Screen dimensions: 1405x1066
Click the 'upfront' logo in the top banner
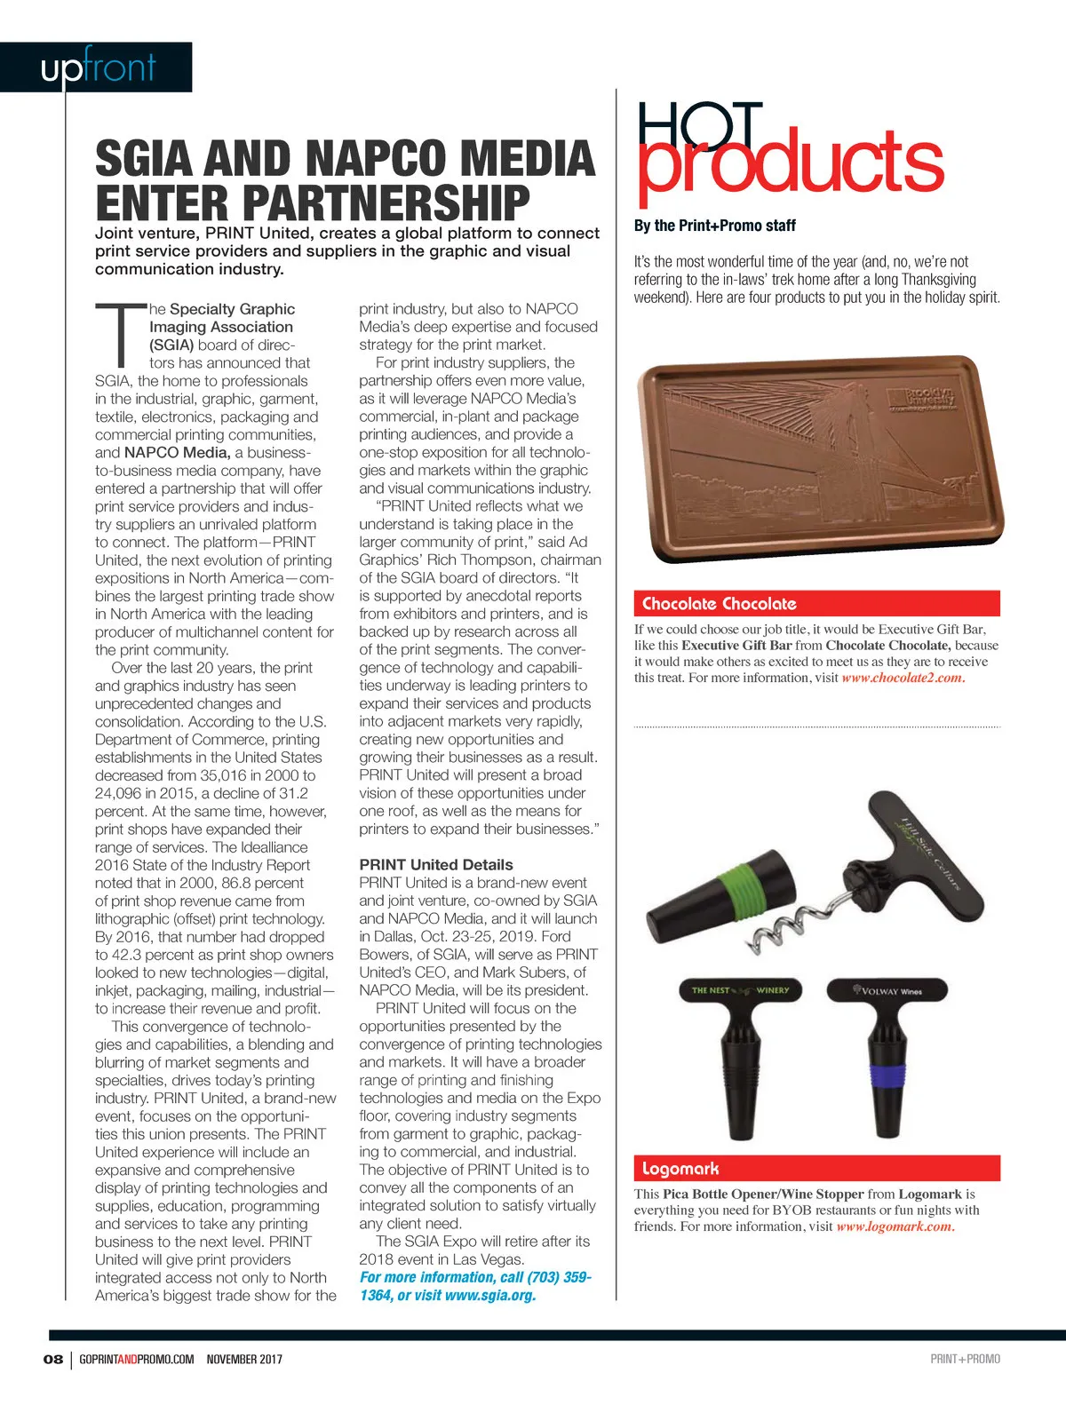pos(98,67)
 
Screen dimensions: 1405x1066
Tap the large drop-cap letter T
pos(120,336)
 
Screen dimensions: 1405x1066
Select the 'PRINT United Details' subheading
pos(436,864)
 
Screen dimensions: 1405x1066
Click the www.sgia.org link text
pos(489,1295)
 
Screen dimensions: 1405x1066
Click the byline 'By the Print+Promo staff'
pos(714,226)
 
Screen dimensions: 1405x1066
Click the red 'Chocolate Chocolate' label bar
pos(816,604)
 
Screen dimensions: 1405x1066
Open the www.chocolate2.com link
pos(902,678)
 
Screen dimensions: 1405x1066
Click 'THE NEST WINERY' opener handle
pos(741,990)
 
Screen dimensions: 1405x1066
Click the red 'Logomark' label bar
pos(816,1169)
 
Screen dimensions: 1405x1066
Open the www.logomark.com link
pos(895,1226)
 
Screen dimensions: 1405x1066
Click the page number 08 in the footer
pos(53,1359)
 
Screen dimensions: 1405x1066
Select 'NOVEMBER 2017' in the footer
pos(244,1359)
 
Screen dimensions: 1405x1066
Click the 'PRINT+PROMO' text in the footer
pos(965,1359)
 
